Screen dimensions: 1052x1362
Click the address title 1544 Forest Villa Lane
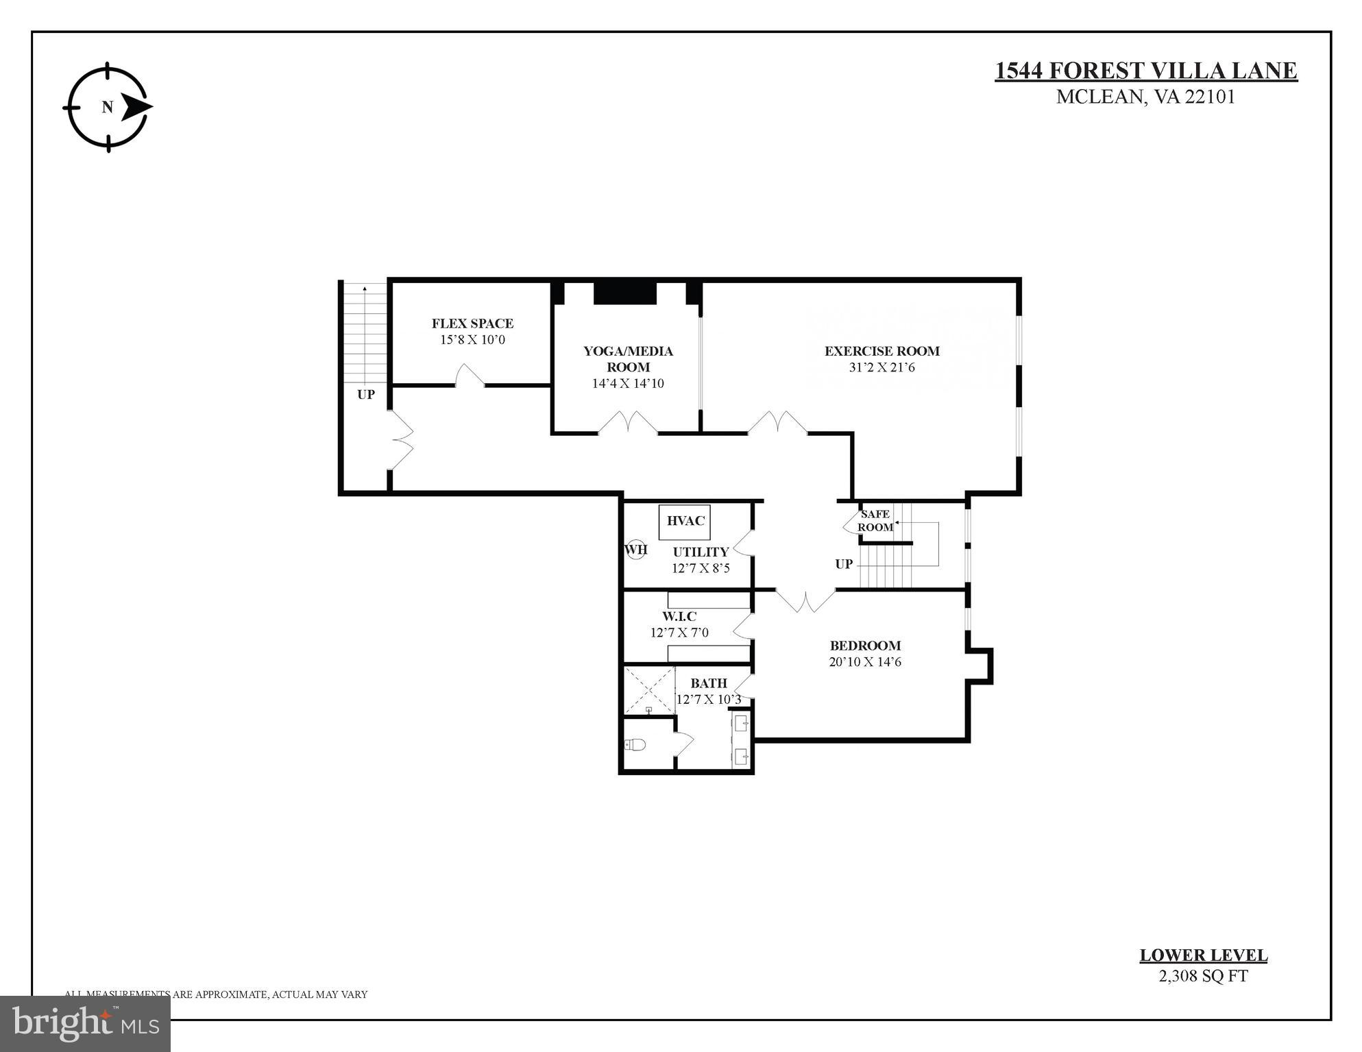pos(1145,71)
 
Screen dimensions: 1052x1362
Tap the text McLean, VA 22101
pos(1145,97)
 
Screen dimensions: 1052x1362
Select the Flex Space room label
pos(472,323)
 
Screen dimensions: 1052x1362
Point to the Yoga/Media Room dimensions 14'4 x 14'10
pos(628,383)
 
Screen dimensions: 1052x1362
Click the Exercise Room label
pos(881,351)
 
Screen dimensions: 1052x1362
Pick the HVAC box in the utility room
pos(685,521)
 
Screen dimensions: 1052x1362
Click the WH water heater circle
pos(635,549)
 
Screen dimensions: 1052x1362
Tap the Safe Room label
pos(875,520)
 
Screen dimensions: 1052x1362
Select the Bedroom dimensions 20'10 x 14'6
pos(865,662)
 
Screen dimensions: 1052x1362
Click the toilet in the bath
pos(635,744)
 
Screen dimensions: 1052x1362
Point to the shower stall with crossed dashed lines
pos(648,690)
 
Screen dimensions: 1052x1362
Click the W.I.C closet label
pos(679,616)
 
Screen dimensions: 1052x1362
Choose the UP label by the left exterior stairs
pos(366,395)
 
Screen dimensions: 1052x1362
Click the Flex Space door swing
pos(470,376)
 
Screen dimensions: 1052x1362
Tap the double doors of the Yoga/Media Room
pos(628,422)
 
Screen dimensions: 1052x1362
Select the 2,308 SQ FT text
pos(1203,976)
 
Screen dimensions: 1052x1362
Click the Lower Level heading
pos(1203,955)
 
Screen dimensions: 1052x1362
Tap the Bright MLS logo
pos(85,1023)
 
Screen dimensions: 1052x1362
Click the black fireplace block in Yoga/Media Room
pos(624,293)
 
